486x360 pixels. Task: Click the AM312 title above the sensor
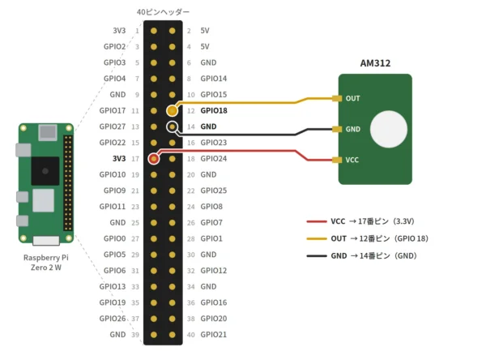pyautogui.click(x=375, y=63)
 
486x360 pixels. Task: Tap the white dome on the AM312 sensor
pyautogui.click(x=388, y=129)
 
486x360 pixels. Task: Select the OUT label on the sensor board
pyautogui.click(x=352, y=98)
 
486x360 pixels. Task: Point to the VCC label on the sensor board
pyautogui.click(x=352, y=160)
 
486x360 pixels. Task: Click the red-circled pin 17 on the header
pyautogui.click(x=154, y=159)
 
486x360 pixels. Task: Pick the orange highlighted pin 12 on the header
pyautogui.click(x=172, y=110)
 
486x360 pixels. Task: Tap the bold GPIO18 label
pyautogui.click(x=214, y=110)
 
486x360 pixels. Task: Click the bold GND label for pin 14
pyautogui.click(x=208, y=126)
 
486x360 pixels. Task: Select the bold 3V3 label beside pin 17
pyautogui.click(x=119, y=159)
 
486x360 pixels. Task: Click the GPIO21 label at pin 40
pyautogui.click(x=214, y=335)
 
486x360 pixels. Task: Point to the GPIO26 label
pyautogui.click(x=113, y=319)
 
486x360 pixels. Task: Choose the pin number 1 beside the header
pyautogui.click(x=137, y=31)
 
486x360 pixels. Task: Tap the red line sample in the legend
pyautogui.click(x=317, y=221)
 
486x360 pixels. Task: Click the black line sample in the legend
pyautogui.click(x=317, y=256)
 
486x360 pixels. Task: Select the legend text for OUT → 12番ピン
pyautogui.click(x=379, y=238)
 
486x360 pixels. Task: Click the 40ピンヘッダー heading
pyautogui.click(x=163, y=12)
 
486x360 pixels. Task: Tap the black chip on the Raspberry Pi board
pyautogui.click(x=45, y=171)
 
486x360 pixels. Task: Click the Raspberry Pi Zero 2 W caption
pyautogui.click(x=46, y=263)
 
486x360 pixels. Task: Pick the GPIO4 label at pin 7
pyautogui.click(x=114, y=79)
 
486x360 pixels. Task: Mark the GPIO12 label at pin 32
pyautogui.click(x=214, y=271)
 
